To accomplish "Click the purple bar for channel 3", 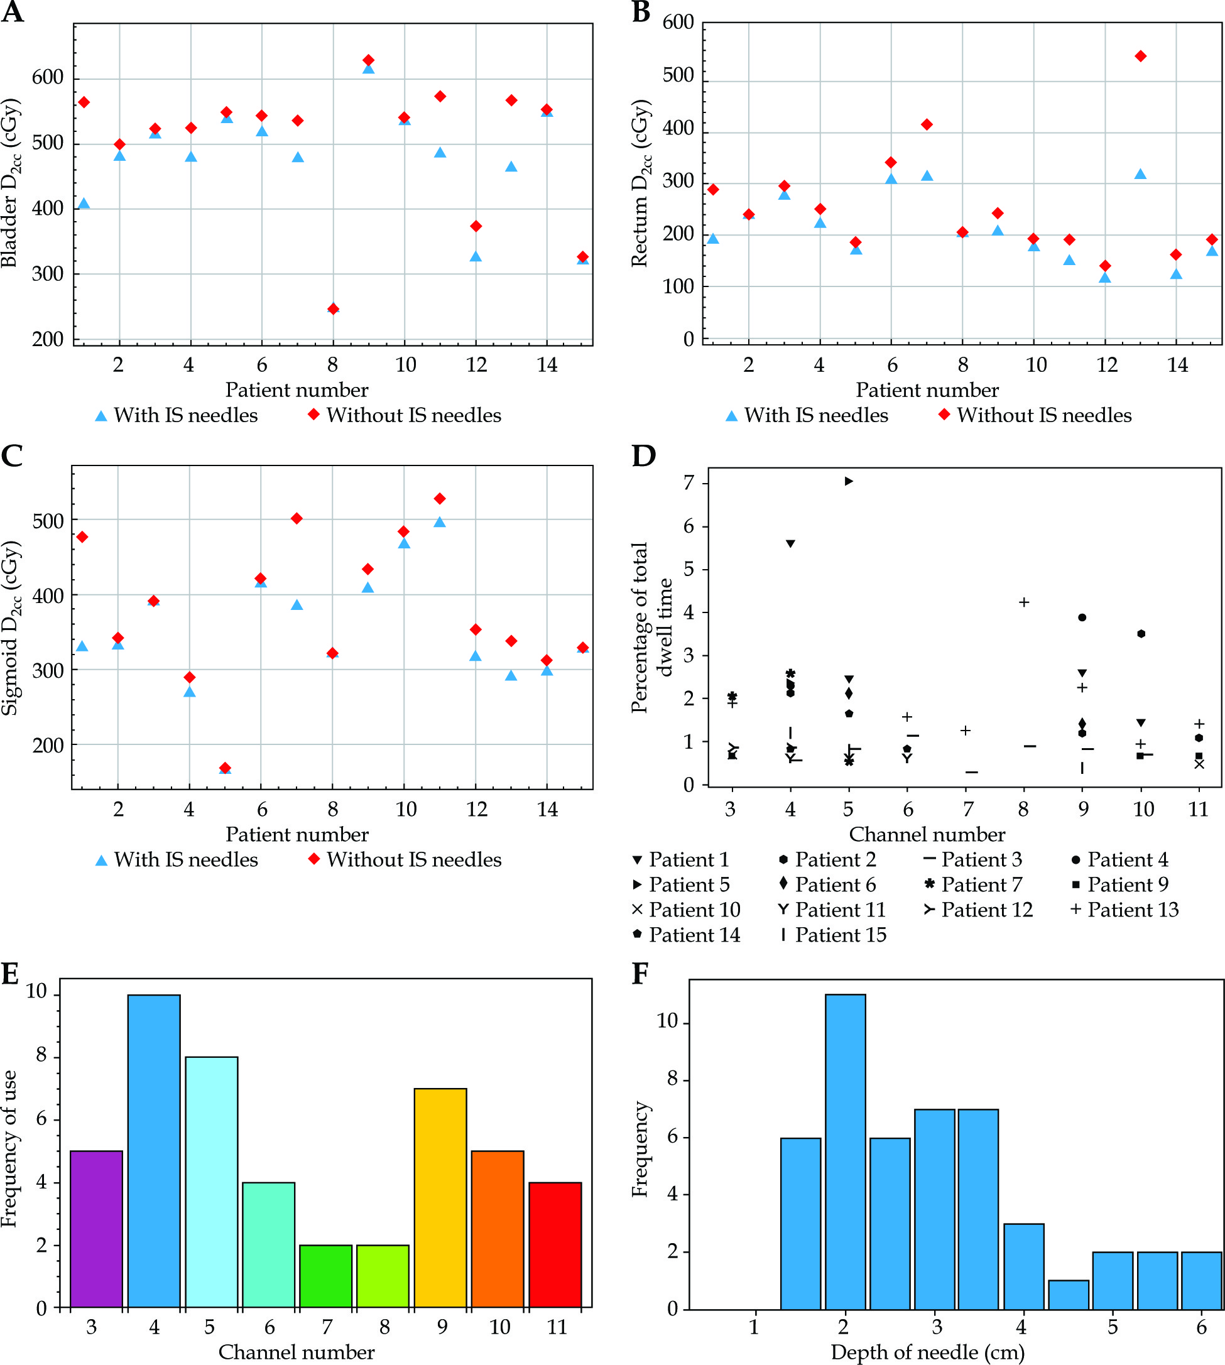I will (96, 1229).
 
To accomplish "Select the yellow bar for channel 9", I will (440, 1198).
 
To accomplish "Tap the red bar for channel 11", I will (555, 1244).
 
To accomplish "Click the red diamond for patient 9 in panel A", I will (368, 60).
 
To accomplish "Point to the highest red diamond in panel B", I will (1140, 57).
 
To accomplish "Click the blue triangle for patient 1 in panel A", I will (84, 204).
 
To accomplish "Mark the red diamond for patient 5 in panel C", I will (226, 768).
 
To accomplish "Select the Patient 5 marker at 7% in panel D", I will (849, 481).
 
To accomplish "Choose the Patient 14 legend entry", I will (687, 935).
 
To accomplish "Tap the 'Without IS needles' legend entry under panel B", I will (1035, 415).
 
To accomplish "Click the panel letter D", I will (643, 456).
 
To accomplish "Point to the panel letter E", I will (10, 974).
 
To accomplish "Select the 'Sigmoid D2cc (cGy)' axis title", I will (11, 628).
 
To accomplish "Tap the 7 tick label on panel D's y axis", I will (689, 483).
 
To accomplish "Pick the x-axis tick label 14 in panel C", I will (547, 809).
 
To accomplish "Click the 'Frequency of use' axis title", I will (9, 1148).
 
